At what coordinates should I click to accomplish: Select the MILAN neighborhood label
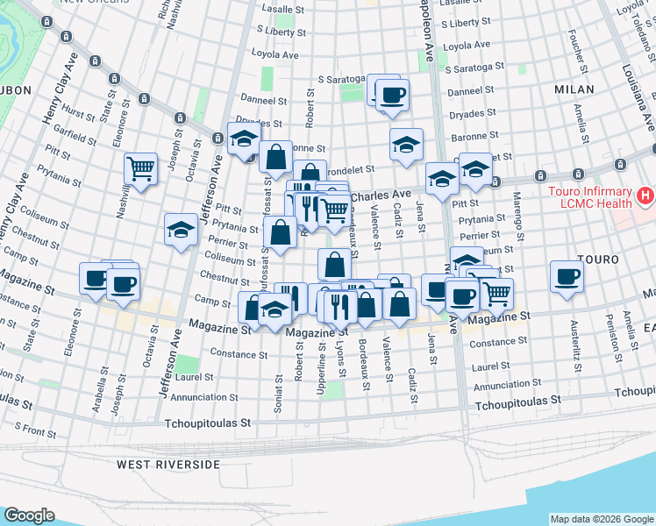click(x=574, y=89)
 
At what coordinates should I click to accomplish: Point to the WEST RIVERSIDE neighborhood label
click(x=168, y=464)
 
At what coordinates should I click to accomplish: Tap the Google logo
click(x=29, y=515)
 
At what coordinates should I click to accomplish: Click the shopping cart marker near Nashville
click(x=140, y=168)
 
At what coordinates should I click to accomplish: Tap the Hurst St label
click(x=79, y=114)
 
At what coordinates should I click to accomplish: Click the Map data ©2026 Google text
click(x=602, y=519)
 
